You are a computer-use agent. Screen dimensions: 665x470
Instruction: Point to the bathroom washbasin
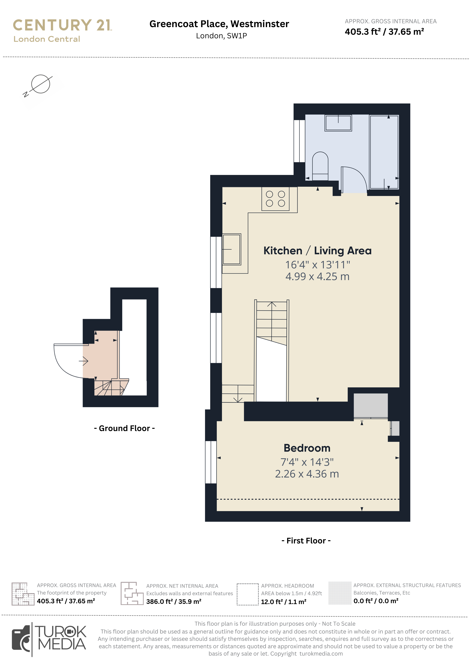point(338,123)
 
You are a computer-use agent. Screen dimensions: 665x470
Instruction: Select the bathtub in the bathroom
point(384,152)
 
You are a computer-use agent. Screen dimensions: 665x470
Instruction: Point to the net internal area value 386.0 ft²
point(174,602)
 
